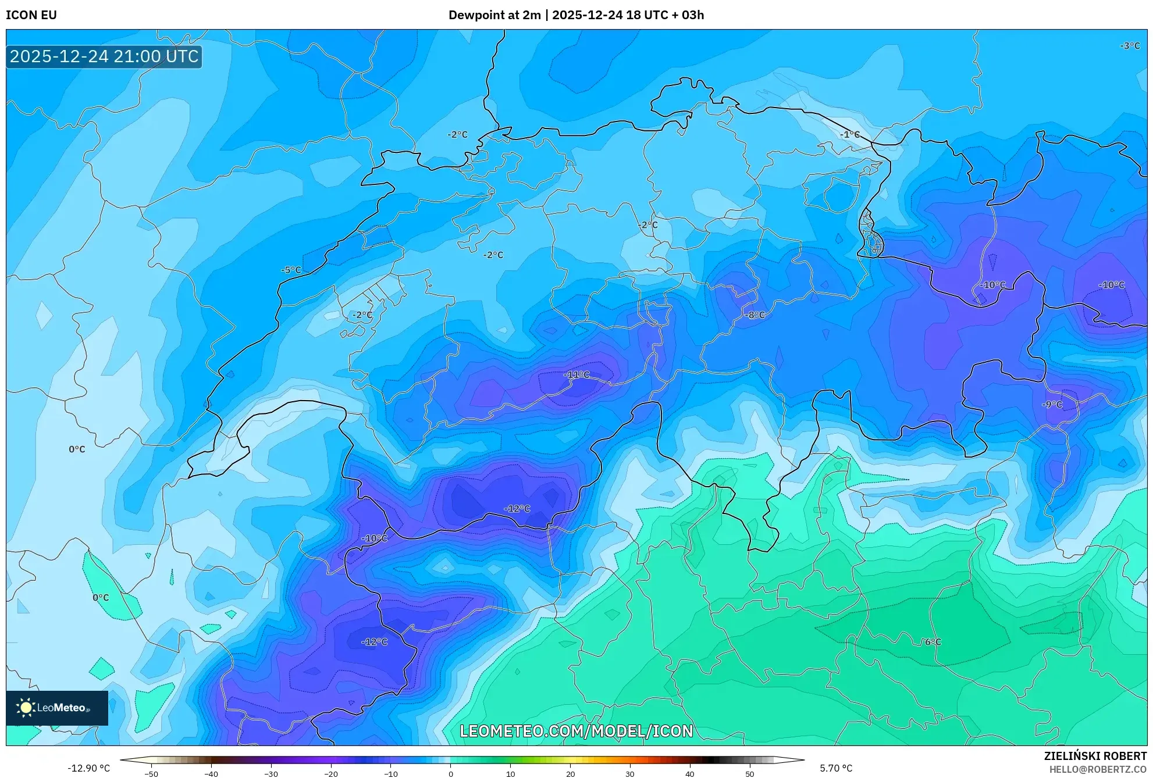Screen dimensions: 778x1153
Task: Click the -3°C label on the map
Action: (1130, 46)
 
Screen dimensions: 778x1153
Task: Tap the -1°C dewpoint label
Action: (849, 134)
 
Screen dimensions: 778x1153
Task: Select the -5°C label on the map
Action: (291, 270)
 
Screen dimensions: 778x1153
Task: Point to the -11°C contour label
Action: (576, 374)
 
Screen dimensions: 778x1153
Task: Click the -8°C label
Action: (755, 315)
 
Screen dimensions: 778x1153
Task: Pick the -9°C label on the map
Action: (1052, 405)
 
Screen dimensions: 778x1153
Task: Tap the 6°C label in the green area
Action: (933, 642)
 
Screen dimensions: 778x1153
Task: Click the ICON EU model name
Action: (31, 15)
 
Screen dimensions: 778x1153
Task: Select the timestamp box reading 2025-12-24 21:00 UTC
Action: (104, 56)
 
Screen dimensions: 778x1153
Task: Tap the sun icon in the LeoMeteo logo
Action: (26, 708)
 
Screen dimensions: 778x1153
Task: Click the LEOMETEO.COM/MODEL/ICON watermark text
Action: (576, 731)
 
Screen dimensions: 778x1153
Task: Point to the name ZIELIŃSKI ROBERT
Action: (1095, 756)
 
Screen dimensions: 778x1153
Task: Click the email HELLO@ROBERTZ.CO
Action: (1097, 769)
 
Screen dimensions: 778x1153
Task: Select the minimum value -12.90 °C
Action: (88, 768)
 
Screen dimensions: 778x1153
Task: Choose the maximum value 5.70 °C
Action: (836, 768)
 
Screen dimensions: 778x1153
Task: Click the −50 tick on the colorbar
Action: (151, 774)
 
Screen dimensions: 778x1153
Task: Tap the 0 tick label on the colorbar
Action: (450, 774)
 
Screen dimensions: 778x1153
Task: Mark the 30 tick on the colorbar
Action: (630, 774)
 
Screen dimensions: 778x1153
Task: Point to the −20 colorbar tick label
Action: (330, 774)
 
